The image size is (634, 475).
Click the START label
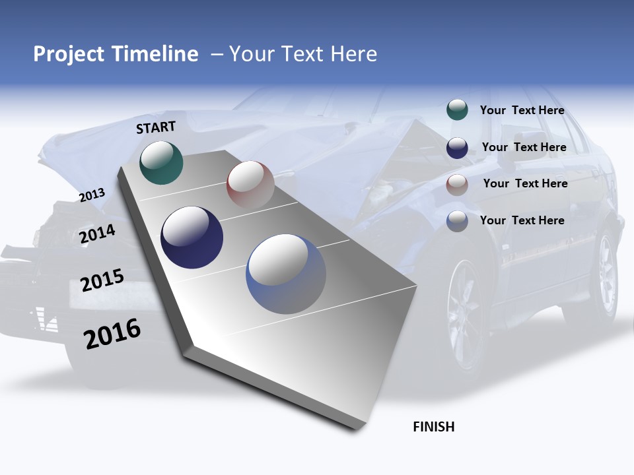click(156, 127)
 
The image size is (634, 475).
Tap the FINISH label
click(433, 427)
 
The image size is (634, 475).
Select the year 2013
click(92, 195)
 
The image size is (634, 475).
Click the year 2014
click(98, 234)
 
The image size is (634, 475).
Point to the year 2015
click(102, 280)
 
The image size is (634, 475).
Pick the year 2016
click(112, 334)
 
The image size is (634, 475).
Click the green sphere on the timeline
click(162, 162)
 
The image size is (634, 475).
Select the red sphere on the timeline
click(250, 185)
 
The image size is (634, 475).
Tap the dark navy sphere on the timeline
click(192, 237)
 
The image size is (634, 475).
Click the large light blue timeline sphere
click(286, 274)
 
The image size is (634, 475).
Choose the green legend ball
click(457, 110)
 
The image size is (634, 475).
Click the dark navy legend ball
click(457, 148)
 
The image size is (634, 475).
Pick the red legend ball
click(457, 185)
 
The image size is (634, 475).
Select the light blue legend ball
click(457, 221)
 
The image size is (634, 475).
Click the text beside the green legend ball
click(522, 110)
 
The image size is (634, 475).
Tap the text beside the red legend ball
click(525, 183)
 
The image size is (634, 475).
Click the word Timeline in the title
click(155, 54)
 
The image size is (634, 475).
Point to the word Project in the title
click(69, 54)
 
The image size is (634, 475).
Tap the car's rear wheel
click(605, 274)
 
